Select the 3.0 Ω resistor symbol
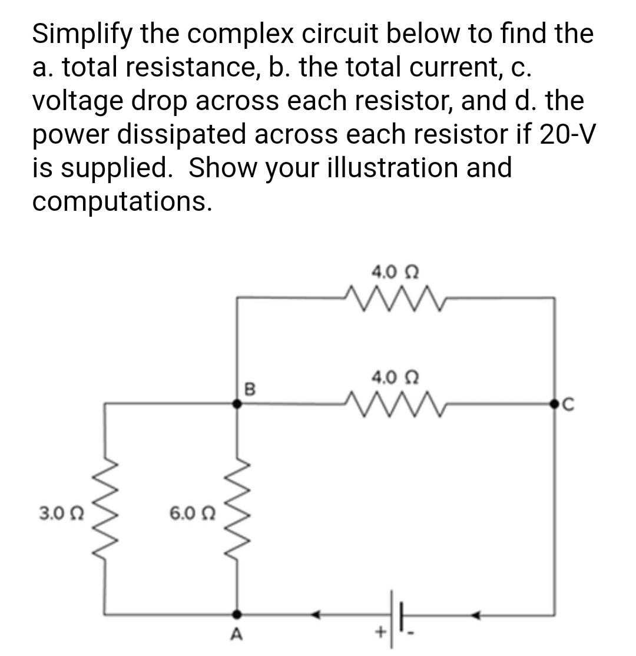click(x=105, y=509)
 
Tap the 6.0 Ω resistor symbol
click(x=237, y=509)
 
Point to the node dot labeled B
click(x=237, y=404)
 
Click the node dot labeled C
click(x=554, y=404)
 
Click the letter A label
click(x=237, y=635)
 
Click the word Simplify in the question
click(x=82, y=35)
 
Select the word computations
click(x=121, y=201)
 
